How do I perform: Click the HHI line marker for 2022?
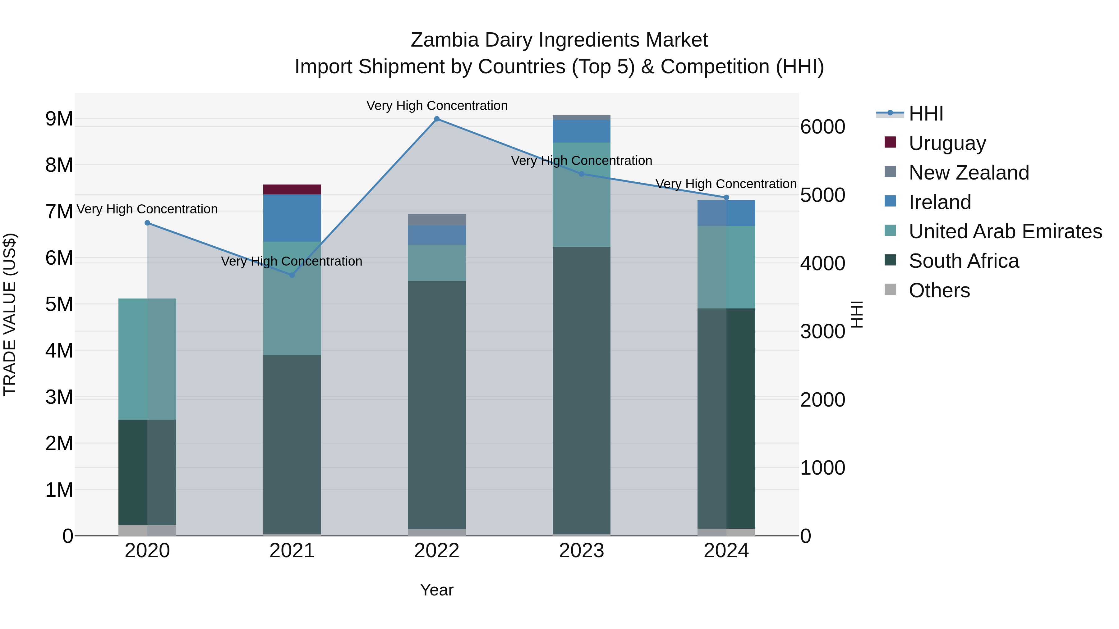point(437,119)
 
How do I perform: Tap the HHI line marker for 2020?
point(147,223)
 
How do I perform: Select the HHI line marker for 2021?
point(292,275)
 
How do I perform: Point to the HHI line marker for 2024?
point(726,198)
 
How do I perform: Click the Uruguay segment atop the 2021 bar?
point(292,190)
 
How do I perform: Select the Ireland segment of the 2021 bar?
point(292,218)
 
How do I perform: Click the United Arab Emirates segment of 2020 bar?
point(147,359)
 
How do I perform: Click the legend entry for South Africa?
point(964,261)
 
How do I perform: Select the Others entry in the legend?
point(939,290)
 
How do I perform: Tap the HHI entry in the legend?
point(925,114)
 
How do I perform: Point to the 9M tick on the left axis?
point(59,119)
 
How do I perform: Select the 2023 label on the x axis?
point(582,551)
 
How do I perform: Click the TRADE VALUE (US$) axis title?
point(10,314)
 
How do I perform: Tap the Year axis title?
point(437,590)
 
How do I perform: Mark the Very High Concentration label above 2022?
point(437,106)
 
